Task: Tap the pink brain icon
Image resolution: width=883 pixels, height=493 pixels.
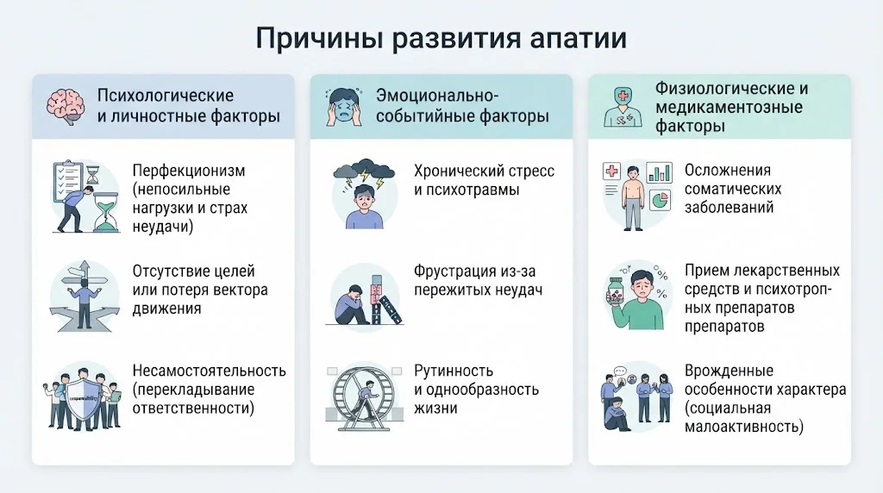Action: click(x=66, y=106)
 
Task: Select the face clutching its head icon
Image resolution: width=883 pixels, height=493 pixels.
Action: click(x=344, y=106)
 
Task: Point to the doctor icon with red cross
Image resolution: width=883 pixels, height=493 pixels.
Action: click(x=623, y=107)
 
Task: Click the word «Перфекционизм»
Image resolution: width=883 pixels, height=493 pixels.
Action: click(x=189, y=171)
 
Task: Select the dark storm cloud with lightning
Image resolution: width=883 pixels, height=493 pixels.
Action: click(x=364, y=172)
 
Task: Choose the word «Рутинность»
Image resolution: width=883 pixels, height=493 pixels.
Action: click(x=454, y=371)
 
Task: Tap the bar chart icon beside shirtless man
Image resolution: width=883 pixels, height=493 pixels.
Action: click(x=659, y=172)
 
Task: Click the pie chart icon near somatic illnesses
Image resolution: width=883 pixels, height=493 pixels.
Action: click(x=660, y=200)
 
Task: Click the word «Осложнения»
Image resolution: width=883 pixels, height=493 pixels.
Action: click(x=728, y=170)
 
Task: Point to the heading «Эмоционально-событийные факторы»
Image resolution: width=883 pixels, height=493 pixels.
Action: click(x=462, y=106)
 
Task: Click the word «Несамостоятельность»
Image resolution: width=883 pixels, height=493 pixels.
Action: click(x=209, y=371)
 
